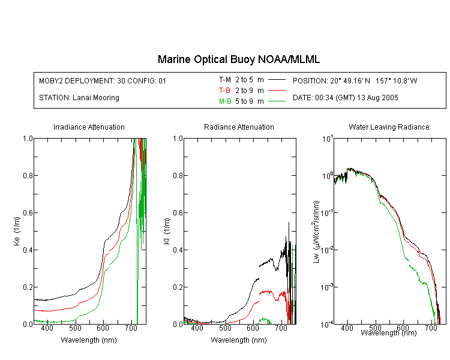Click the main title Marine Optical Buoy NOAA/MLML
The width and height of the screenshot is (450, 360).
tap(238, 59)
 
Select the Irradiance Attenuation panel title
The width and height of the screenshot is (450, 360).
tap(89, 127)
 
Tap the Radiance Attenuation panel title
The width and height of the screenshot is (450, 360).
tap(239, 127)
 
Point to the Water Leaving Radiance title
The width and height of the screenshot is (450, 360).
tap(389, 127)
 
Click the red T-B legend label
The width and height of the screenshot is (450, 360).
tap(224, 91)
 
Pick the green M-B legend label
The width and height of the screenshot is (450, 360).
tap(225, 101)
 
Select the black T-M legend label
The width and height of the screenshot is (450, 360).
tap(225, 80)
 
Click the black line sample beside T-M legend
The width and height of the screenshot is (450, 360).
tap(277, 80)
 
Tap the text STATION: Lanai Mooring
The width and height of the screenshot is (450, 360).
tap(79, 98)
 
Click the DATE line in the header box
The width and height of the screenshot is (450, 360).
tap(345, 98)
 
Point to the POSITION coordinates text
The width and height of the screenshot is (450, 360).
tap(355, 80)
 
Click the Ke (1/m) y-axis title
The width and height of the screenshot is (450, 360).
tap(17, 231)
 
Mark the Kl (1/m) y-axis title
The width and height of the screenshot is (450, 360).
tap(166, 231)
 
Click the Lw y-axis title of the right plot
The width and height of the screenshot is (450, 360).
tap(316, 232)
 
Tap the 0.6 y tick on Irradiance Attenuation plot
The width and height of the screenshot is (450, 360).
tap(28, 212)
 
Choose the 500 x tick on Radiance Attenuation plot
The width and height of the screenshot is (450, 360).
tap(225, 328)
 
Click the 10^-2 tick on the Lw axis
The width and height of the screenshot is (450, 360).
tap(327, 249)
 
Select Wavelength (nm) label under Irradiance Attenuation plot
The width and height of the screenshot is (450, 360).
tap(89, 340)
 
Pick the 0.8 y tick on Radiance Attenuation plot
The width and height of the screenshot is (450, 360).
tap(178, 175)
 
